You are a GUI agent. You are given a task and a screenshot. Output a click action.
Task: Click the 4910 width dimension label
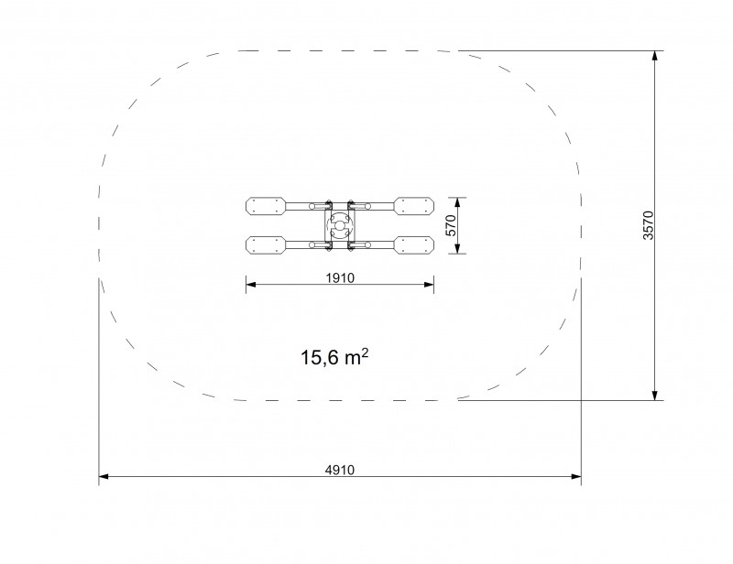pos(340,469)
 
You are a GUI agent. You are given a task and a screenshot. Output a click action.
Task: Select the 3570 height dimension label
pos(649,225)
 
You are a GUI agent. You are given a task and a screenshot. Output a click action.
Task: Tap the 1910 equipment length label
pos(340,277)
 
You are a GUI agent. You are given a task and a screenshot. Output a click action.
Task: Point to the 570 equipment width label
pos(451,225)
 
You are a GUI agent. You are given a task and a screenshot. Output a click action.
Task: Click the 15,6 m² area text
pos(334,357)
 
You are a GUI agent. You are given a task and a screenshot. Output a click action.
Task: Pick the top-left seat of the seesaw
pos(266,206)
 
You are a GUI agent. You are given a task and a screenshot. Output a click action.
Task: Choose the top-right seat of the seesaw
pos(414,206)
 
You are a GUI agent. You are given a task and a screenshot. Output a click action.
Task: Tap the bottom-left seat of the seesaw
pos(266,245)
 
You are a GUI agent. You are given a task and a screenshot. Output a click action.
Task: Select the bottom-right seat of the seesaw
pos(414,245)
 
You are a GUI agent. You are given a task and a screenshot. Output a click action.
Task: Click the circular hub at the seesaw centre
pos(340,226)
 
